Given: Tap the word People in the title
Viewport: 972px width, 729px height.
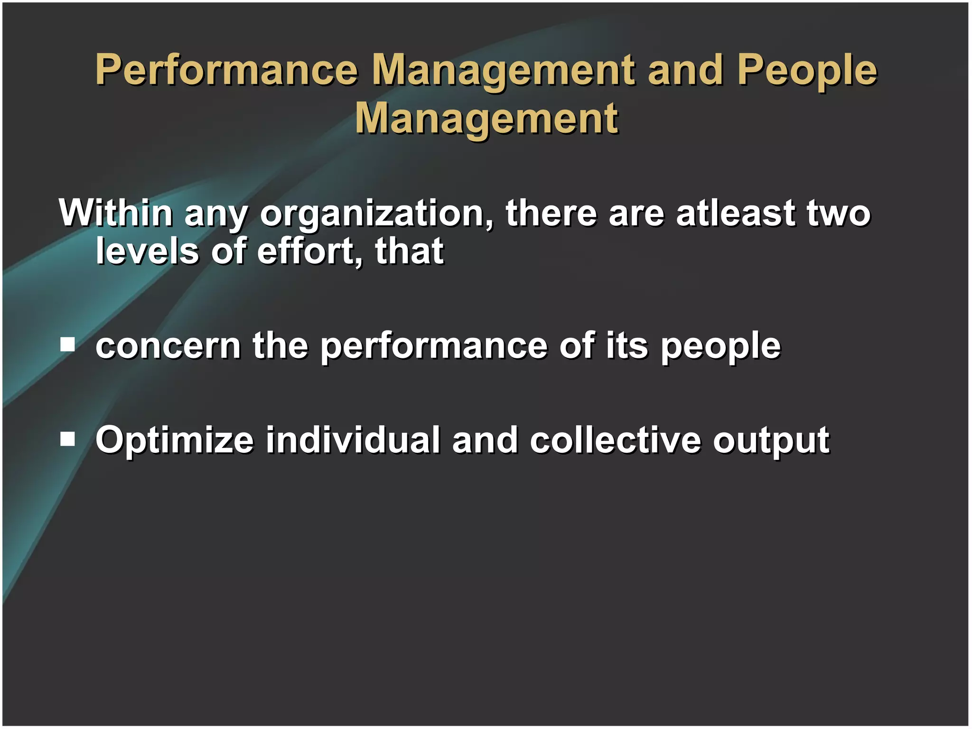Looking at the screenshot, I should (x=807, y=70).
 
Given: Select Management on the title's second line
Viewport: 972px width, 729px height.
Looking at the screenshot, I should (x=486, y=119).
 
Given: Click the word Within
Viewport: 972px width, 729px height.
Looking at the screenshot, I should (x=115, y=213).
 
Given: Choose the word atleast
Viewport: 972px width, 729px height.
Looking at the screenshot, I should (x=735, y=213).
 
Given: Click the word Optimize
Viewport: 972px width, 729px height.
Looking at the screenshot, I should (x=175, y=440).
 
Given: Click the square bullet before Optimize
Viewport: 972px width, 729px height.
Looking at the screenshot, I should (x=68, y=439).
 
